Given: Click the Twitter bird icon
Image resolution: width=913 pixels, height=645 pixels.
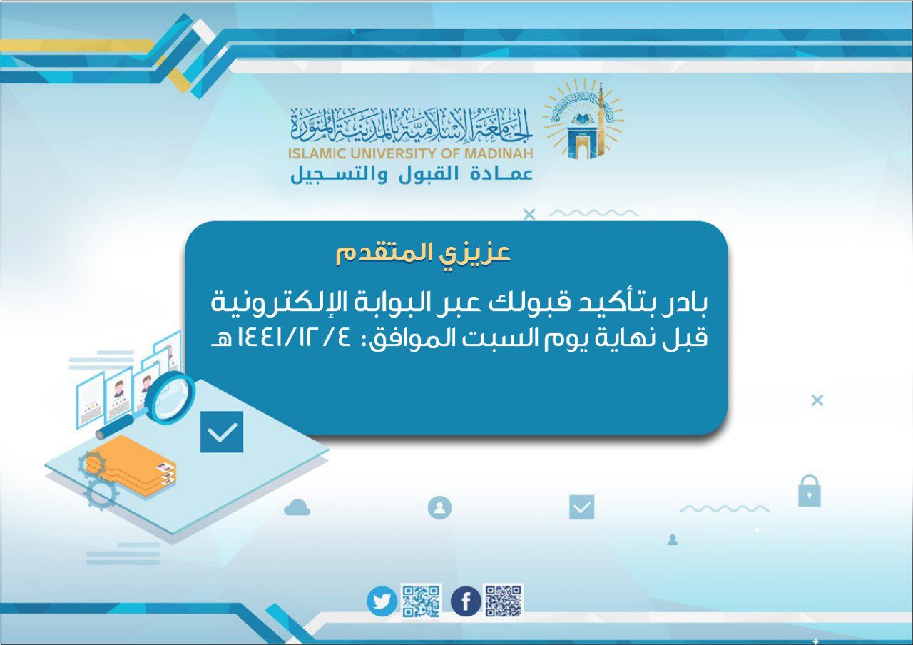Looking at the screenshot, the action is coord(382,601).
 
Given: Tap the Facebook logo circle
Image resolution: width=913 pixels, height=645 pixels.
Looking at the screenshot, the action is coord(466,601).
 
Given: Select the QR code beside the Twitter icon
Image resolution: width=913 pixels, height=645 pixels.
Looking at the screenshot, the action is coord(421,601).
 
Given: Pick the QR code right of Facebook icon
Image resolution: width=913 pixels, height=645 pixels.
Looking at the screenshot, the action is coord(504,600).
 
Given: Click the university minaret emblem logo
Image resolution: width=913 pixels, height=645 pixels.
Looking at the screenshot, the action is coord(583,119).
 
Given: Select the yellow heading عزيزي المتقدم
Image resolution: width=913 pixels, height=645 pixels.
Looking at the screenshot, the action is coord(423,253).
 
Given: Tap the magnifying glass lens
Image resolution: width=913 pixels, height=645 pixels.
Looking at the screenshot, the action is coord(170,397).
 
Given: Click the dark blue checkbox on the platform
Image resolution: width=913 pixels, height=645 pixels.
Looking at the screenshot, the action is coord(222,432).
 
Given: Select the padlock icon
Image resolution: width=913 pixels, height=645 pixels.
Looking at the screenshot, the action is coord(809,491).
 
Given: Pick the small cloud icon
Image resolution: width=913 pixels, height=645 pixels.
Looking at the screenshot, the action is coord(297,507).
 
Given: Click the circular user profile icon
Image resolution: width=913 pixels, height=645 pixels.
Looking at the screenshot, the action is coord(439,507).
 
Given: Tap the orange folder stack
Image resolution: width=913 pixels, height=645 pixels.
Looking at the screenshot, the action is coord(131,465).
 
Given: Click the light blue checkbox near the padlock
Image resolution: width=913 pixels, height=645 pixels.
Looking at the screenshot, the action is coord(581,507).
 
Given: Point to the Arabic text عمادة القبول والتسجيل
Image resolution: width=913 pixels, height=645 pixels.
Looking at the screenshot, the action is coord(412,174).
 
